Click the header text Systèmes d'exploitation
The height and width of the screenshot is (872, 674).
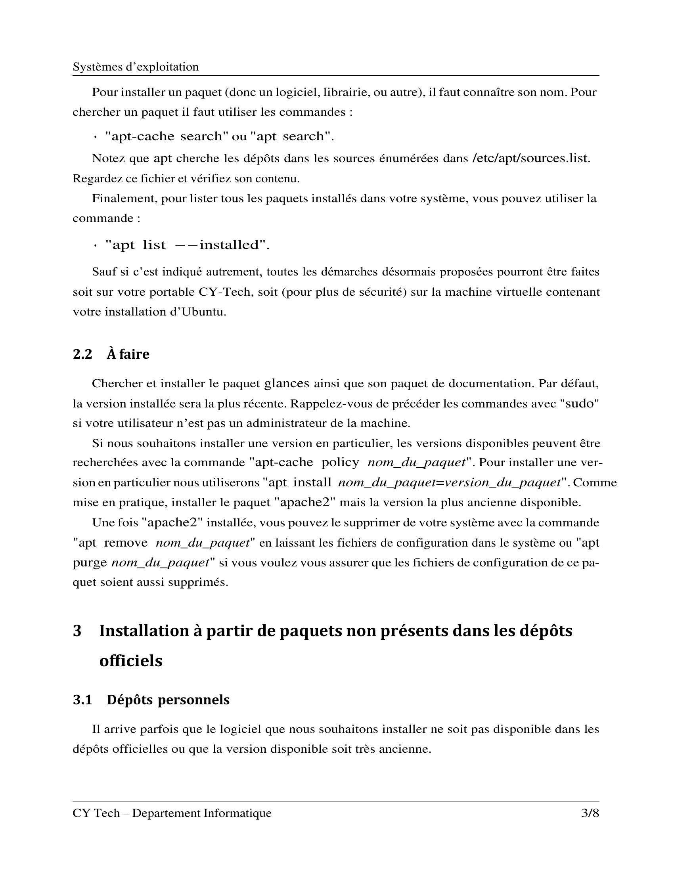tap(135, 67)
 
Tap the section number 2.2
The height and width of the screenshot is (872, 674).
tap(82, 354)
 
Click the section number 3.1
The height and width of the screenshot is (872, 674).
tap(82, 700)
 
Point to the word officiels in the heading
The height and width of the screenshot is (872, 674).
tap(130, 661)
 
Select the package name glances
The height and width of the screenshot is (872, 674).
tap(287, 383)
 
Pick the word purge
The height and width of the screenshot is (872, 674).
tap(90, 563)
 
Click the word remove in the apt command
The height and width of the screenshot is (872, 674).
tap(125, 543)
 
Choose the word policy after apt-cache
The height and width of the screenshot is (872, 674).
tap(340, 462)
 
